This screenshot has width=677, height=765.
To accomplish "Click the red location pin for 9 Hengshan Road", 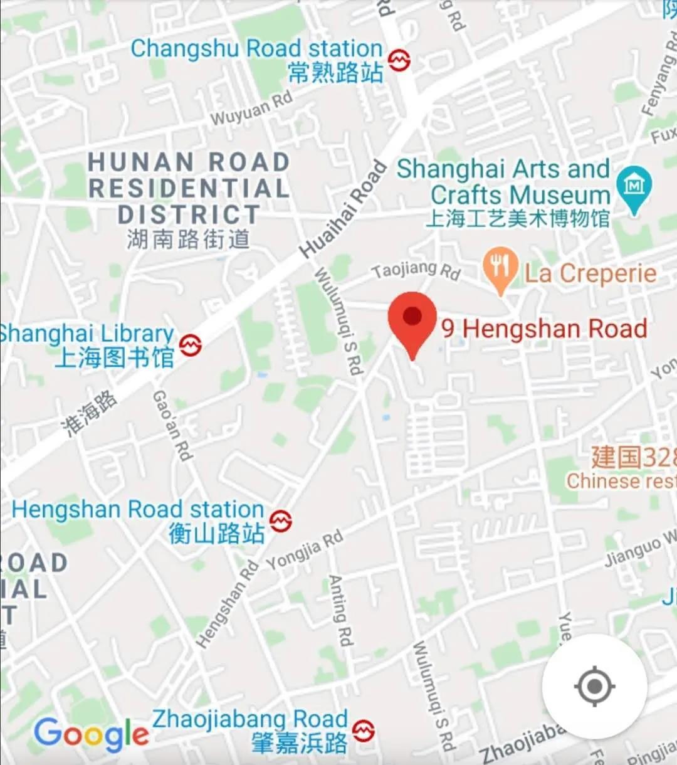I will pos(412,319).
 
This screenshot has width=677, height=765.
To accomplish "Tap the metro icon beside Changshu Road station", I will pos(399,60).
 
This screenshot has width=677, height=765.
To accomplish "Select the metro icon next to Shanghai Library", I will pos(190,345).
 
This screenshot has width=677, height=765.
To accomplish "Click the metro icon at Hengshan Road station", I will pos(280,520).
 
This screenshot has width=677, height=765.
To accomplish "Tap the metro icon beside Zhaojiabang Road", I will pos(364,731).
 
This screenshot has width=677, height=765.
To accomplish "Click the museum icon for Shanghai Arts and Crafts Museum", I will pos(634,187).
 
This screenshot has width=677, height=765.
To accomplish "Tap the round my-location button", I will pos(594,686).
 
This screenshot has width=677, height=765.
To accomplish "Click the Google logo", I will pos(92,734).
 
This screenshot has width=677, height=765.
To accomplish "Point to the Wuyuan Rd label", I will pos(251,108).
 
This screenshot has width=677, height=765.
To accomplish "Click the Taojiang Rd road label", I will pos(416,270).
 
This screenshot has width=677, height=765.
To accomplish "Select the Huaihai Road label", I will pos(343,209).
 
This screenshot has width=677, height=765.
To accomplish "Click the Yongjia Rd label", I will pos(305,550).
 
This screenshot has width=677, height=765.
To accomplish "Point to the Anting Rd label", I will pos(341,609).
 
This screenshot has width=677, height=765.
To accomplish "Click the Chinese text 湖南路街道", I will pos(188,239).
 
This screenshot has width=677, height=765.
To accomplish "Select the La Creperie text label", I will pos(590,273).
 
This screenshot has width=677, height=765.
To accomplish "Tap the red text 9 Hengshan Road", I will pos(544,329).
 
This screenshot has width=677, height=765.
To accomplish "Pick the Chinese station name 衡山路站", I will pos(217,534).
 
